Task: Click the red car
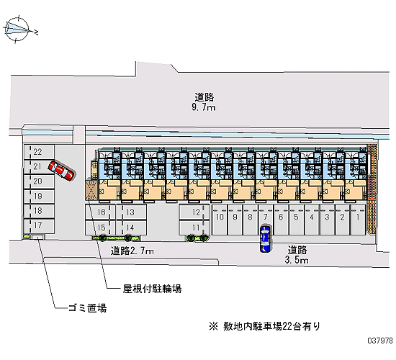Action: click(x=62, y=171)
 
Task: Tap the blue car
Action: click(x=265, y=238)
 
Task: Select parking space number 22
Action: click(x=39, y=152)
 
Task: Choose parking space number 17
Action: click(x=39, y=225)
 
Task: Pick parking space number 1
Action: click(x=358, y=220)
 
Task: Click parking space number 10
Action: click(x=220, y=220)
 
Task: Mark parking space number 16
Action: click(x=100, y=212)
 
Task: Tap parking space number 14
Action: click(x=131, y=228)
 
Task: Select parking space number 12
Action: click(x=194, y=212)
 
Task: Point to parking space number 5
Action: click(x=296, y=220)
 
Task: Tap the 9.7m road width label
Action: click(x=204, y=108)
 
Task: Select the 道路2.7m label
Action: click(x=132, y=251)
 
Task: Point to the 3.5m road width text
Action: click(x=297, y=260)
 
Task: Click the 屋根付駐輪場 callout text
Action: click(x=152, y=289)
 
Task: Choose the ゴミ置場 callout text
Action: click(x=88, y=308)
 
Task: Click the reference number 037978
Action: click(x=380, y=341)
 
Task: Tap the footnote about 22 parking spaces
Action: click(x=264, y=326)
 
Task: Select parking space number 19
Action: click(x=39, y=196)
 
